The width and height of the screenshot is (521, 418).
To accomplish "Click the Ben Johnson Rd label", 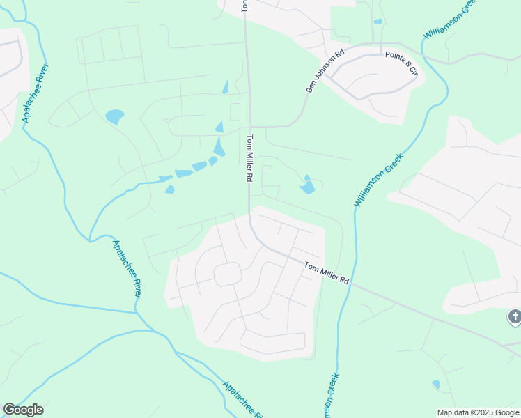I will click(325, 71).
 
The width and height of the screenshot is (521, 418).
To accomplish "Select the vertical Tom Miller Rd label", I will click(248, 160).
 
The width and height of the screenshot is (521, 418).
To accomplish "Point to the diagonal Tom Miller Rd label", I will click(326, 272).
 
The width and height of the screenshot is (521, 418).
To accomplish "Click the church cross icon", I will click(514, 317).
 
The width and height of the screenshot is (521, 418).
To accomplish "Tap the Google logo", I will click(23, 409).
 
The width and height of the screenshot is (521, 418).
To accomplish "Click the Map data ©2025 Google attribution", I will click(478, 412).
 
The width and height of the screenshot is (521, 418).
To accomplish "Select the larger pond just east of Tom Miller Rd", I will click(307, 187).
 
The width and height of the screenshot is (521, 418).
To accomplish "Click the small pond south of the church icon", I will click(436, 384).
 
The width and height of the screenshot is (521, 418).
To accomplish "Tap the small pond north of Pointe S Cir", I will click(378, 22).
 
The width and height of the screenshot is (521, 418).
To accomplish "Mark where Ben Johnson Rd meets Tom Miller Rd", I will click(249, 127).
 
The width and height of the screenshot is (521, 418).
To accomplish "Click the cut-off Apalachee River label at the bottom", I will click(242, 399).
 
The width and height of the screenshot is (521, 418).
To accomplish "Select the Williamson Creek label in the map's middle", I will click(378, 180).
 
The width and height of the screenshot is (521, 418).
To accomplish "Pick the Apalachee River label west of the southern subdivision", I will click(127, 268).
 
